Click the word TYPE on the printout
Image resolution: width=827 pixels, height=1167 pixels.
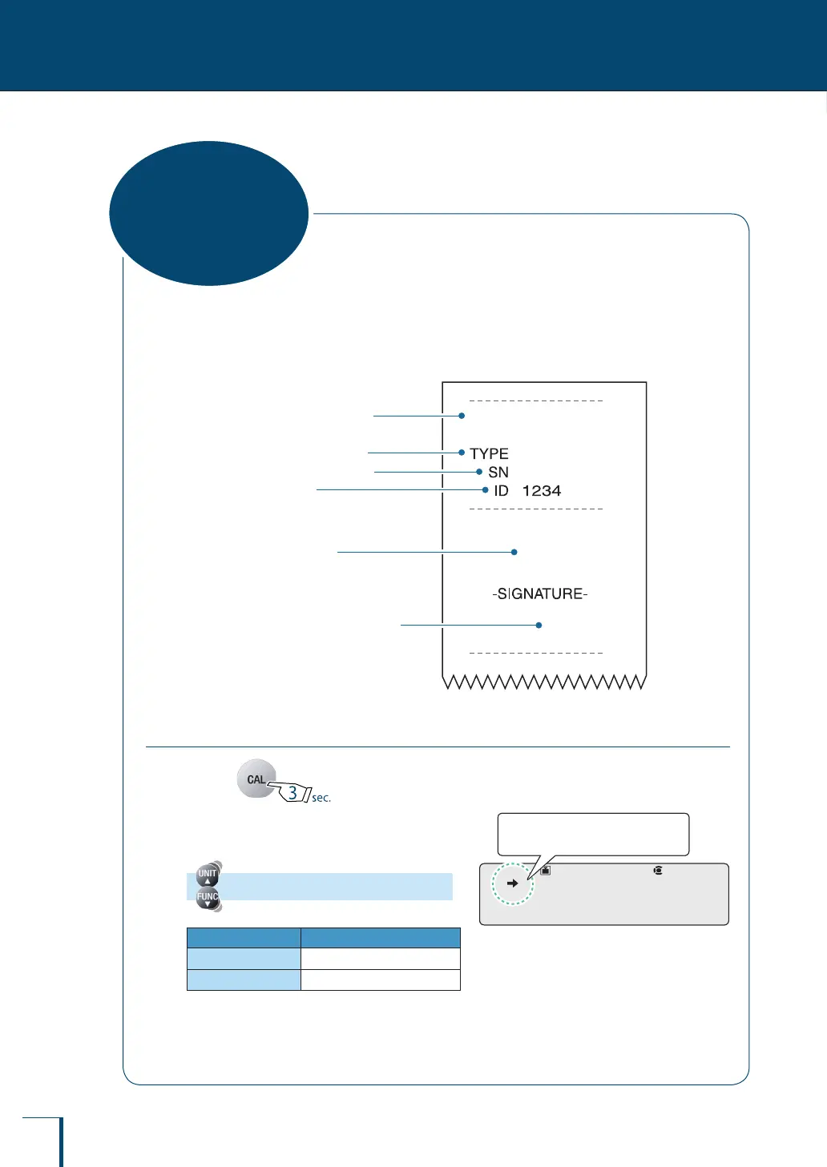pos(489,453)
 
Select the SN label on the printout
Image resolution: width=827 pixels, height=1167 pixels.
pos(498,472)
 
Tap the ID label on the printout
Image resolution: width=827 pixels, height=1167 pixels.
pos(501,490)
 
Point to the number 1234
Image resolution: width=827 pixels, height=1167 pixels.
pos(542,490)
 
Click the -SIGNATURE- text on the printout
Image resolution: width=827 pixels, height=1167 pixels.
pos(540,594)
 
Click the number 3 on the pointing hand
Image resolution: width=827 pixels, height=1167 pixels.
pos(292,792)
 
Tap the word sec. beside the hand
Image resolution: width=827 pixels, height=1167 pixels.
pos(321,798)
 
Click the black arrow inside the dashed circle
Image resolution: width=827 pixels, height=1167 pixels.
pos(513,883)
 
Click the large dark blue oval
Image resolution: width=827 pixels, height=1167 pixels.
pos(208,213)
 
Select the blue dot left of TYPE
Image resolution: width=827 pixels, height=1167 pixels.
pos(462,453)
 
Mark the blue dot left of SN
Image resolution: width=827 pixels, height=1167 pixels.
pos(479,472)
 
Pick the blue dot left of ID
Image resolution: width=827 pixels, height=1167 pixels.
pos(486,489)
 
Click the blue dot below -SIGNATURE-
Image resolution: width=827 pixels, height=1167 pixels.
pos(539,625)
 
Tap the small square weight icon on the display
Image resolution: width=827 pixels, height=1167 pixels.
pos(545,870)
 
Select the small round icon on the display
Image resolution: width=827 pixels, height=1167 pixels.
pos(658,870)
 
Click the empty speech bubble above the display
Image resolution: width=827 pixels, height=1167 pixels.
pos(593,834)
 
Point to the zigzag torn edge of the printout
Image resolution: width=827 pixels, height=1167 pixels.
pos(544,682)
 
